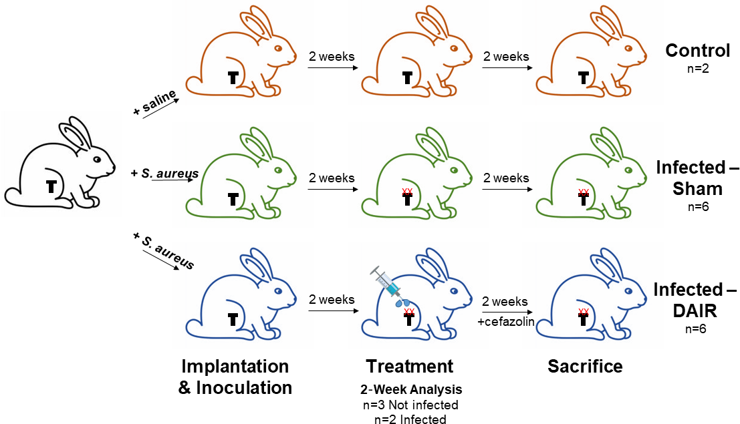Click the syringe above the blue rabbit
pos(386,281)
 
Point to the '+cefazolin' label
pos(505,321)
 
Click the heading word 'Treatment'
pos(409,366)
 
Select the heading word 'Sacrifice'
pos(585,366)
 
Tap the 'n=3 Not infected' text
pos(409,405)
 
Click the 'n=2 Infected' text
pos(409,419)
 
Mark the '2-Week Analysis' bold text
pos(409,389)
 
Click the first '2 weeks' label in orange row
pos(331,57)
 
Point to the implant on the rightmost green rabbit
pos(584,199)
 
